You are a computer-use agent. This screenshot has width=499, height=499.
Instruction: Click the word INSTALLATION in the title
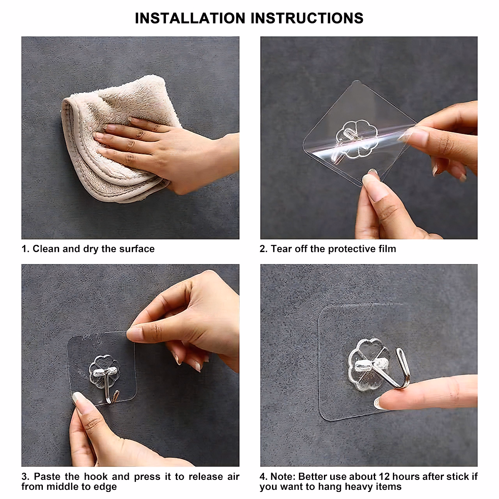pos(190,18)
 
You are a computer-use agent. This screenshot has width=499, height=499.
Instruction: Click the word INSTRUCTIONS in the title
pos(307,18)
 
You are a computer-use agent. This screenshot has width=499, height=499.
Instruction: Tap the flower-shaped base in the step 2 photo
pos(356,139)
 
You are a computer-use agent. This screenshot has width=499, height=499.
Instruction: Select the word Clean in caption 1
pos(46,249)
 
